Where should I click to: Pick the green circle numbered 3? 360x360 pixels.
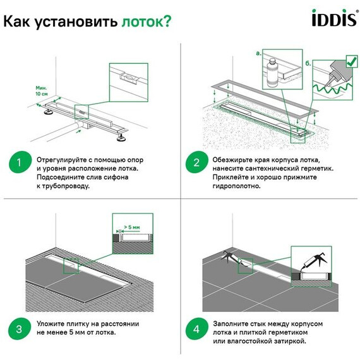click(19, 328)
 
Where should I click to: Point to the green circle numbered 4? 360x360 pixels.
click(196, 328)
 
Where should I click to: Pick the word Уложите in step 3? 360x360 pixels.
click(52, 323)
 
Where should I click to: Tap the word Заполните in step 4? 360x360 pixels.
click(234, 323)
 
